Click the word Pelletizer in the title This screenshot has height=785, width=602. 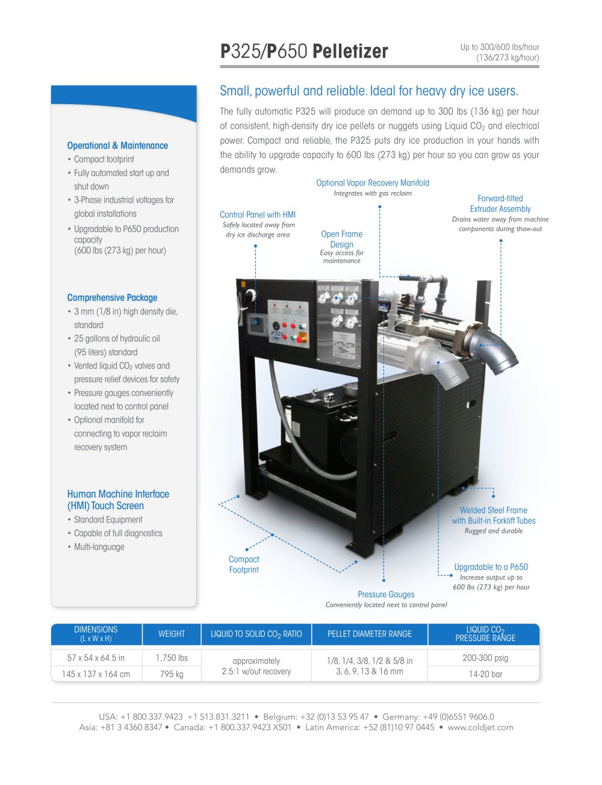(350, 51)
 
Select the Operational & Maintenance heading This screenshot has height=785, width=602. (117, 146)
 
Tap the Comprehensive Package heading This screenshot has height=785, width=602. (112, 297)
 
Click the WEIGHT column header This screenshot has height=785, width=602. (172, 634)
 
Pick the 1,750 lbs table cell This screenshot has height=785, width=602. (172, 658)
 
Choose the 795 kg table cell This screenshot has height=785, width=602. (172, 674)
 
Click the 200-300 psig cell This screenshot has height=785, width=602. (485, 658)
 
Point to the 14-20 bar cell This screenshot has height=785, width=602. (485, 674)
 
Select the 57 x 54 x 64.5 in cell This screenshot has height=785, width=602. (96, 658)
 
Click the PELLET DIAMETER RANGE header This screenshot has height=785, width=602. (370, 634)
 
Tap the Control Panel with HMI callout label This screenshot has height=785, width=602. (258, 214)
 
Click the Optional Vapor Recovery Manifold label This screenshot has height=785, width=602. (373, 183)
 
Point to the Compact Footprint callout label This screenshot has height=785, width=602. (244, 564)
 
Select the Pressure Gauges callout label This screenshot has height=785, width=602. (386, 594)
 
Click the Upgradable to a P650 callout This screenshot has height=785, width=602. (491, 567)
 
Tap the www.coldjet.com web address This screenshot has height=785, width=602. (480, 727)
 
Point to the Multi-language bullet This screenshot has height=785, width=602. (99, 547)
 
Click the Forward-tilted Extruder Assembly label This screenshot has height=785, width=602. (500, 203)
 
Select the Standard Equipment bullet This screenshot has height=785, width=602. (108, 520)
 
